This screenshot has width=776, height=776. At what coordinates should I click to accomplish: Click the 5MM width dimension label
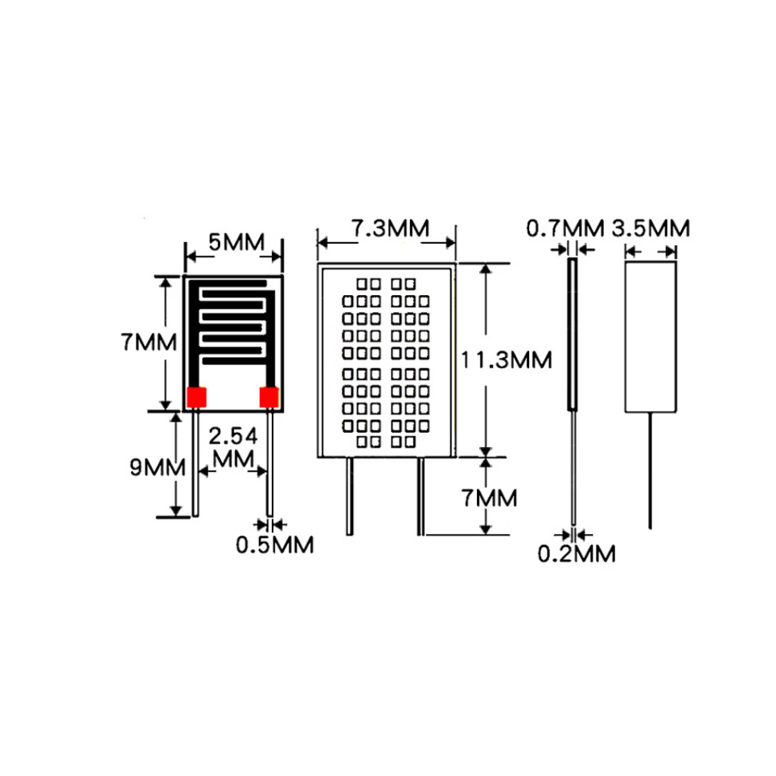[x=233, y=241]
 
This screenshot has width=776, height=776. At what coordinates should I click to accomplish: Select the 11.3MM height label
[x=506, y=359]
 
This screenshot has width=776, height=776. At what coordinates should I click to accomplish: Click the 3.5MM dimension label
[x=651, y=228]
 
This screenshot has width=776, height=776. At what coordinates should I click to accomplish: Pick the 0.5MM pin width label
[x=274, y=544]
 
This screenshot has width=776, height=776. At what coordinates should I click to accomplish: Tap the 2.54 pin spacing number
[x=233, y=437]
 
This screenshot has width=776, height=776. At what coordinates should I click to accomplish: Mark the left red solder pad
[x=196, y=396]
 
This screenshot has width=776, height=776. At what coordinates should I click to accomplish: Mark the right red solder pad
[x=269, y=396]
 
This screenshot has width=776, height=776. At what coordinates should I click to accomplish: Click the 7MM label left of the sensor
[x=149, y=343]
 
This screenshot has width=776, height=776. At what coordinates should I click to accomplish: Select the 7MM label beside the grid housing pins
[x=490, y=498]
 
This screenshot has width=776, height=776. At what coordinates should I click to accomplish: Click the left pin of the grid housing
[x=349, y=495]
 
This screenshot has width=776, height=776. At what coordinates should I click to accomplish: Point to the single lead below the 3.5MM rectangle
[x=651, y=470]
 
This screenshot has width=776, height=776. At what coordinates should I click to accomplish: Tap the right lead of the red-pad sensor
[x=270, y=462]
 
